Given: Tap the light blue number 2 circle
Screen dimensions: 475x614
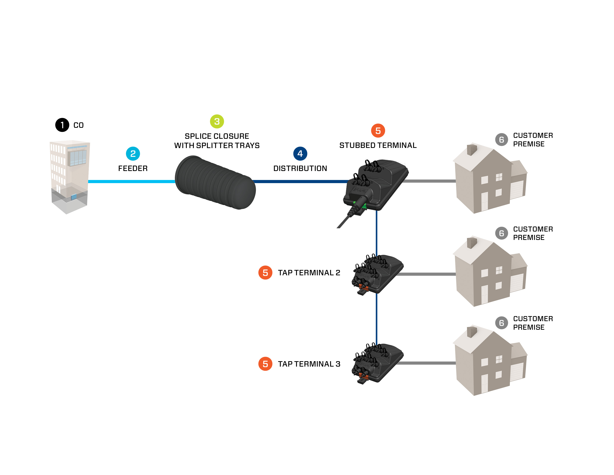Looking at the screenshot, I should pos(133,154).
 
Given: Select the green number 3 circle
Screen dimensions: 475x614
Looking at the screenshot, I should pos(217,121).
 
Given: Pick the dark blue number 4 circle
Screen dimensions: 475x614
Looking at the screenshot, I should pos(300,154).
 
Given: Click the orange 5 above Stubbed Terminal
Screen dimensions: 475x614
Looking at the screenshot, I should pos(378,131).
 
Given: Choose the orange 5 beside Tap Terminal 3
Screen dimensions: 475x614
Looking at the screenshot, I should pos(265,364).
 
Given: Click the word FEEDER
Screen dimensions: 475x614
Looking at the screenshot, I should pos(133,168).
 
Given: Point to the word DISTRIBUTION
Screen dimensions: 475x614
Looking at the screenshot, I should pos(300,168).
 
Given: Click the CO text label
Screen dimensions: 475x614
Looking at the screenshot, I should pos(79,125).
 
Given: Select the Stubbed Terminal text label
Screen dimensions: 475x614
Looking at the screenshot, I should pos(378,145).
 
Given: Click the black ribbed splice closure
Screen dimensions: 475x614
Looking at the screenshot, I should pos(215,182).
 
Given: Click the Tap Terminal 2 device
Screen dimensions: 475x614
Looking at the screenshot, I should pos(377,274).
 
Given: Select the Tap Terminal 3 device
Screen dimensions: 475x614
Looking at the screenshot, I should pos(377,363).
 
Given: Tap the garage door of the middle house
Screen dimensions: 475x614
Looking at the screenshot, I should pos(517,282).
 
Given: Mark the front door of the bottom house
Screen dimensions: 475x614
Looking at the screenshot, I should pos(484,383).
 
